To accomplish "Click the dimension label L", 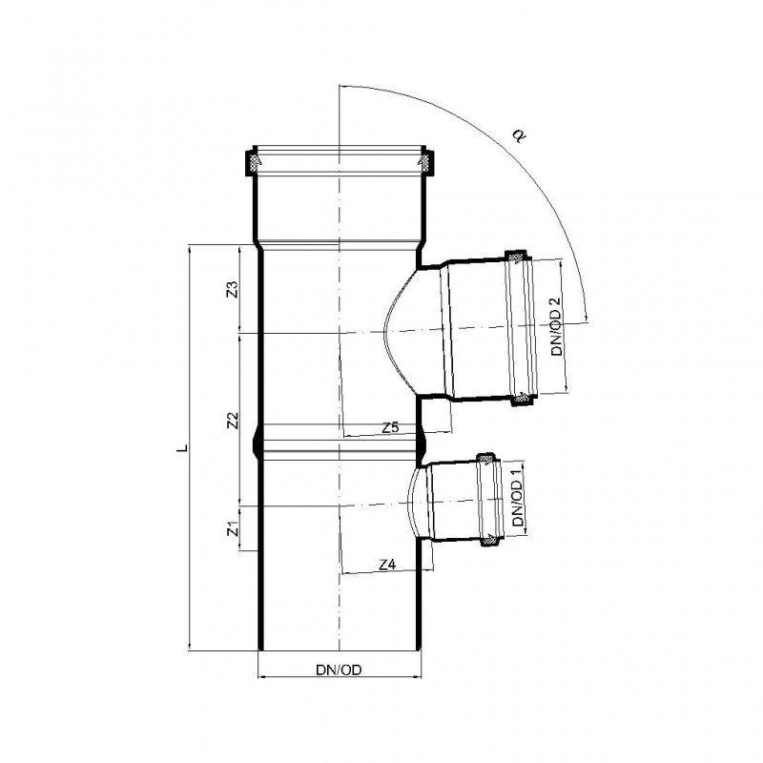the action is click(x=182, y=447).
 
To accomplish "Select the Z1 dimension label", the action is click(x=234, y=528).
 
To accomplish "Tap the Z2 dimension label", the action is click(x=234, y=421).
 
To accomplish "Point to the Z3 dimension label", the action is click(x=233, y=289).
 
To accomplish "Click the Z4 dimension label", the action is click(x=387, y=565).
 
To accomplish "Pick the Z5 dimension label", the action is click(x=390, y=427).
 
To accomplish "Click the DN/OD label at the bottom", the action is click(x=339, y=670).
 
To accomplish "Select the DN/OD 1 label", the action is click(x=518, y=496).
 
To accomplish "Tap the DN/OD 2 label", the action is click(x=557, y=326).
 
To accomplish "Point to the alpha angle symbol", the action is click(x=519, y=135).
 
